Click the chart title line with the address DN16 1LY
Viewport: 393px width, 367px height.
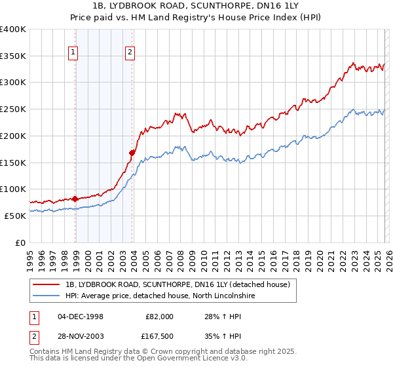(196, 5)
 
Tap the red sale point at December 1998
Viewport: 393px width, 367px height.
(75, 198)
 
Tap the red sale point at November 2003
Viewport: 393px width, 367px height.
(132, 153)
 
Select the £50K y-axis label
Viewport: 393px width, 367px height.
(15, 216)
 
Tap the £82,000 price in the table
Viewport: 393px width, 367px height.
(159, 316)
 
